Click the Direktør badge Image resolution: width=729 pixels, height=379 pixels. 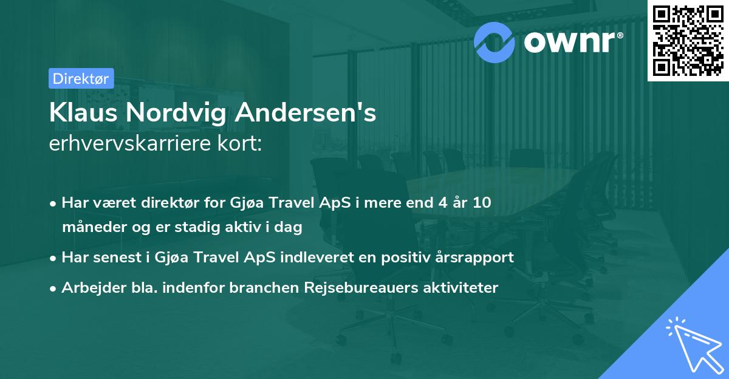pyautogui.click(x=81, y=78)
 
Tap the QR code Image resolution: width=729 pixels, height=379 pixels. pyautogui.click(x=688, y=40)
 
